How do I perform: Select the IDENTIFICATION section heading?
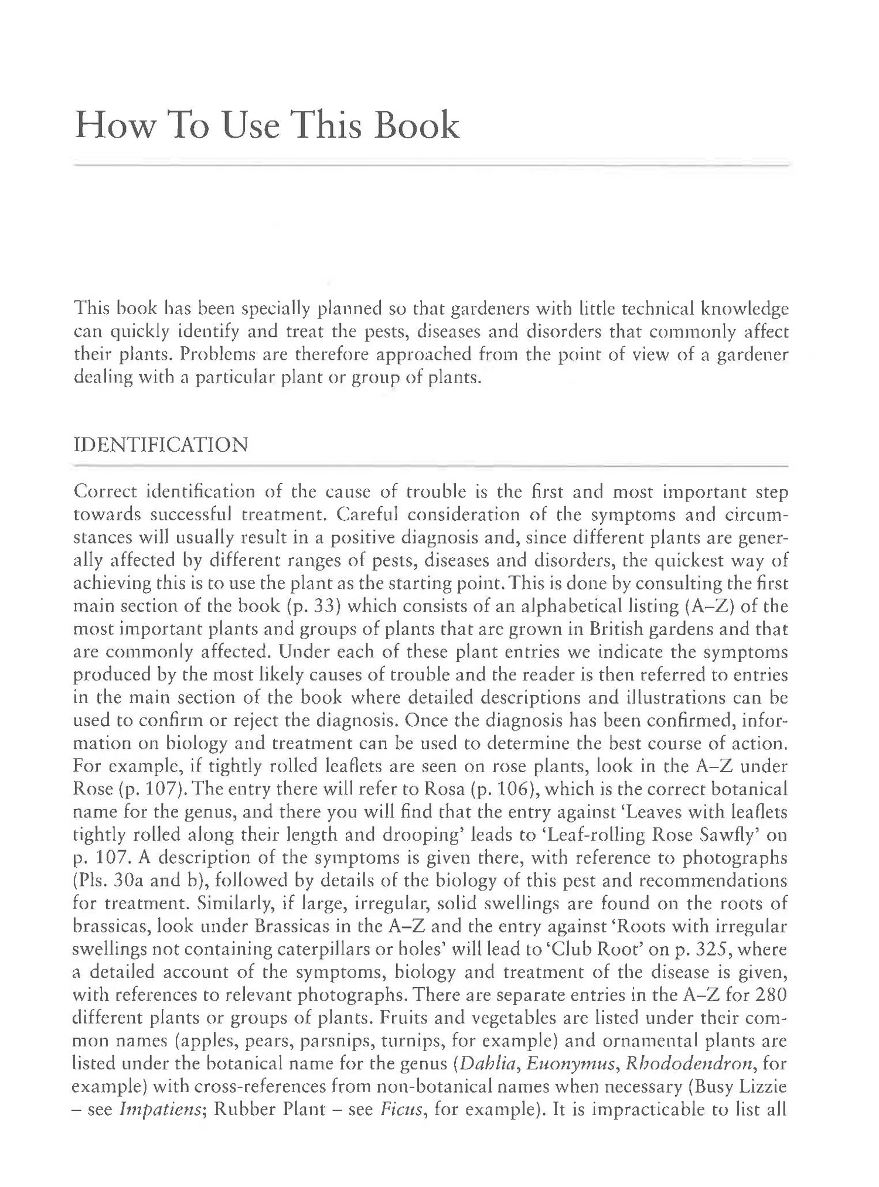(161, 445)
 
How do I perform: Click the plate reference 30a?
(117, 881)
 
